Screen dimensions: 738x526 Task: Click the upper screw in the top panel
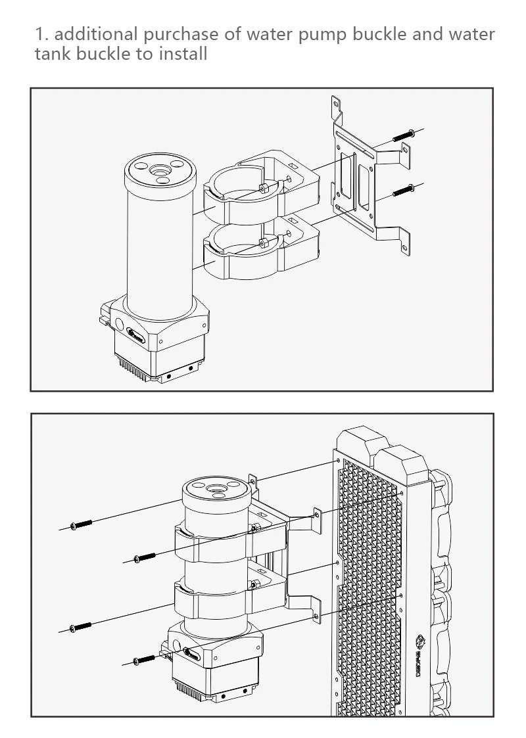coord(403,135)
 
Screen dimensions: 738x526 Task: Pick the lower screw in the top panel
coord(403,191)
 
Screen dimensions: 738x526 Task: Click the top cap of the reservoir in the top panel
coord(159,172)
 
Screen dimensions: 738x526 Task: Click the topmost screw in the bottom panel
coord(81,524)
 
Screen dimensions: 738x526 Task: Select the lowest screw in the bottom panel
coord(145,658)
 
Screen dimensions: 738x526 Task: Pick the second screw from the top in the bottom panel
coord(145,557)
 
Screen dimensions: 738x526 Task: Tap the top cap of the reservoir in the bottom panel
coord(215,491)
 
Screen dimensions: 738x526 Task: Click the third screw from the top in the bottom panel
coord(81,626)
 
